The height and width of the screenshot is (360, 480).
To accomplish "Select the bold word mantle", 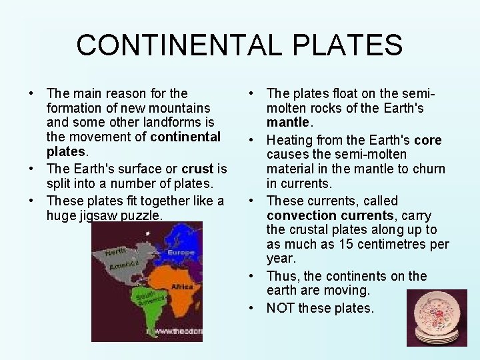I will pos(288,123).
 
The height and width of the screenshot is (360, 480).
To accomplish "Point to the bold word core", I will pos(427,140).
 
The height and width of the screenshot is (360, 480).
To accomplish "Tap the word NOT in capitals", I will pos(281,308).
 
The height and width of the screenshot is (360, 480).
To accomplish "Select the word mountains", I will pos(181,108).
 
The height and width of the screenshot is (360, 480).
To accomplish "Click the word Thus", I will pos(279,276).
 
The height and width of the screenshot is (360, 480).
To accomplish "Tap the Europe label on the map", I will pos(181,253).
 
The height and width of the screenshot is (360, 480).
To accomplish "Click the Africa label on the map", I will pos(181,287).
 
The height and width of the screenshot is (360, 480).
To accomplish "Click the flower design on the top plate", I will pos(437,311).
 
